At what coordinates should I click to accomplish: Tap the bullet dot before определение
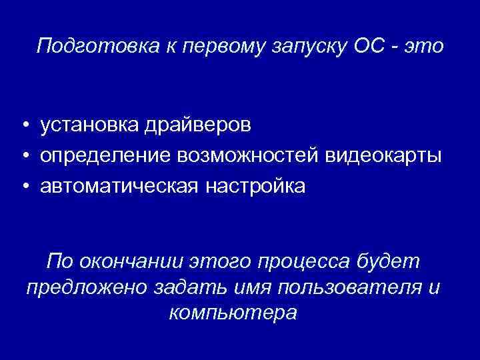[x=24, y=156]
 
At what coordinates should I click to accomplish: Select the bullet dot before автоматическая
[x=24, y=187]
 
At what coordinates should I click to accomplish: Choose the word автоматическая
[x=119, y=186]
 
